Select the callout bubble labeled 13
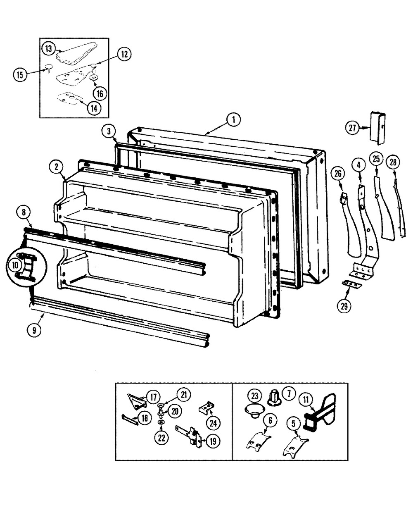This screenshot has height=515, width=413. pos(48,48)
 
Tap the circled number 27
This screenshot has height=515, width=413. pos(352,128)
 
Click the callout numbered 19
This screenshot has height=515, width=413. pos(213,441)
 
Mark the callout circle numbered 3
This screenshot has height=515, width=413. pos(109,131)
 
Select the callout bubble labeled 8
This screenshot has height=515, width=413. pos(24,212)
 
